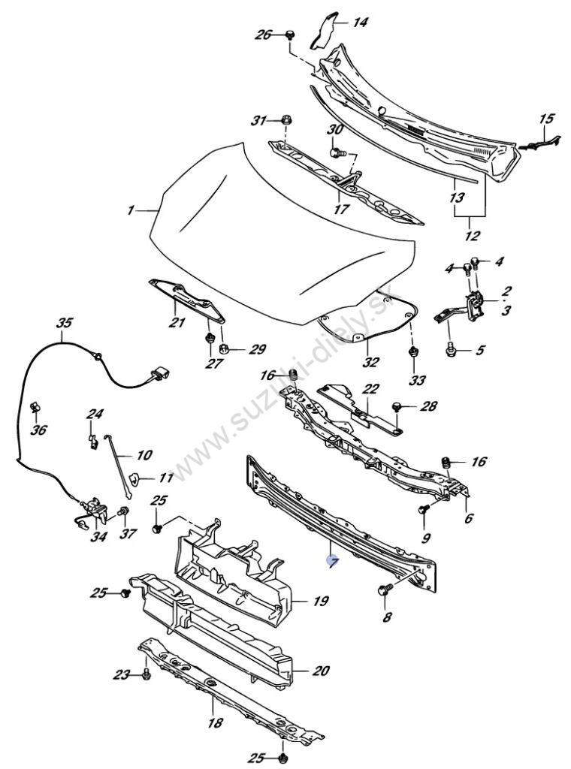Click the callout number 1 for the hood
(x=131, y=211)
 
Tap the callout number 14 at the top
(x=361, y=23)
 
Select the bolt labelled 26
(x=291, y=35)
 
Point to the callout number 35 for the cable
(x=65, y=324)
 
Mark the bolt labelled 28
(x=398, y=407)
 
